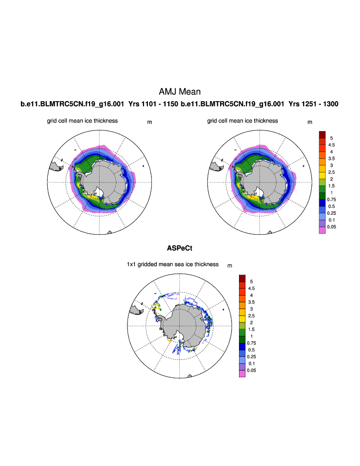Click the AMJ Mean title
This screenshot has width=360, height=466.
179,92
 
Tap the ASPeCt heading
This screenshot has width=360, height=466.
179,248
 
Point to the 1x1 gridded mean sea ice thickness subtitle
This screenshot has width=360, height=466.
172,264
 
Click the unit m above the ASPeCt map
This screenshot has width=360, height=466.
230,266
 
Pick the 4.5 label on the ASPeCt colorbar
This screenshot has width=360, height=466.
251,289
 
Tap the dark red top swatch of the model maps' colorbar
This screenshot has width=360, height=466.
322,135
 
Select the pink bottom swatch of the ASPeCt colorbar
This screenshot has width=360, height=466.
242,373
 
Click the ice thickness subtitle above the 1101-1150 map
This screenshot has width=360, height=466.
82,121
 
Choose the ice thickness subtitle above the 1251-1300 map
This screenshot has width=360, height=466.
242,121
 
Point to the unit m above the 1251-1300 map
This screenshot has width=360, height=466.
310,122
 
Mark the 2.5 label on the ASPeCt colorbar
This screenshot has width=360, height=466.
251,315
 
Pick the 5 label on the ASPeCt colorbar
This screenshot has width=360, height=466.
251,282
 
